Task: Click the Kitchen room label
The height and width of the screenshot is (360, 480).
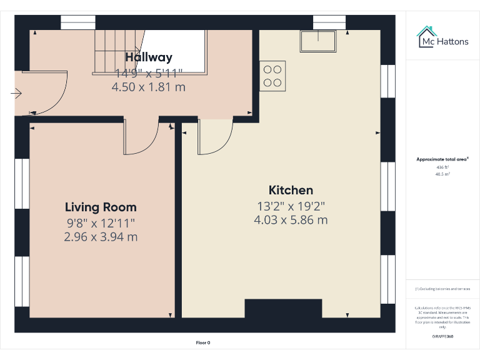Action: click(291, 190)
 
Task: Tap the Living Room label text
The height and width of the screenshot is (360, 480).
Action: click(101, 207)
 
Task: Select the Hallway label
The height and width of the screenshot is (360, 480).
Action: click(148, 57)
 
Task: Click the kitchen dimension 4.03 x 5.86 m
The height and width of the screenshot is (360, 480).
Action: click(291, 220)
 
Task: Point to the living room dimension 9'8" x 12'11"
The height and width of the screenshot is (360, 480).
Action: click(101, 222)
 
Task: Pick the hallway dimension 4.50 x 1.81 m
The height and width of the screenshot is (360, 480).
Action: click(148, 87)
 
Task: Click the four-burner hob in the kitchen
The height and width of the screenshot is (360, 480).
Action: click(272, 76)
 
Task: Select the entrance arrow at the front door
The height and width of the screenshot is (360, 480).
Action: click(16, 94)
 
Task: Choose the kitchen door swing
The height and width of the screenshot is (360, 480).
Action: click(216, 137)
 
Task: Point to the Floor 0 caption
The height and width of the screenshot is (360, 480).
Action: click(203, 342)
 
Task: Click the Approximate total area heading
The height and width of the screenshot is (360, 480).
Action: click(442, 159)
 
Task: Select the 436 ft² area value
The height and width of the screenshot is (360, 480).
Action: click(442, 167)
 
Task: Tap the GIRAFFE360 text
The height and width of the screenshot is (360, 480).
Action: click(442, 337)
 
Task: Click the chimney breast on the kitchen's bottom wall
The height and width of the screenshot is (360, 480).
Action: click(283, 309)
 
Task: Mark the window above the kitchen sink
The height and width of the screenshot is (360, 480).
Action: click(329, 22)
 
